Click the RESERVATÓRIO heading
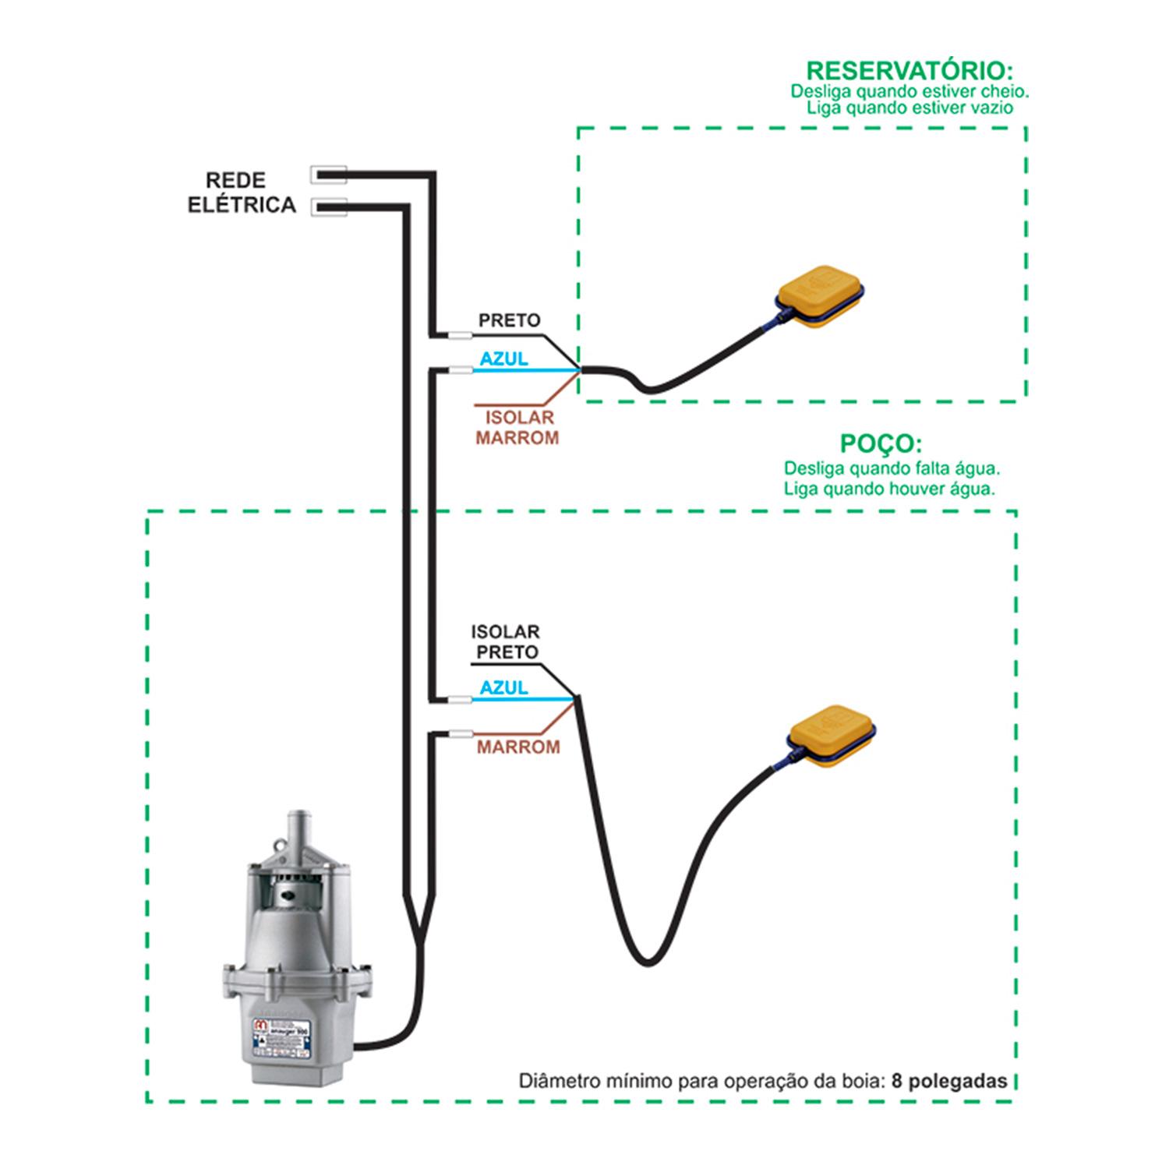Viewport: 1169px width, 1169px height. click(909, 70)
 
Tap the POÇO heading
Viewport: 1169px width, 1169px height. click(881, 443)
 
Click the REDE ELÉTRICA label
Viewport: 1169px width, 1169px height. click(242, 192)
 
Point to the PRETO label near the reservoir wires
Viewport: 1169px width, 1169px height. click(509, 320)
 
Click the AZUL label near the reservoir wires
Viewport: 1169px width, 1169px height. click(503, 359)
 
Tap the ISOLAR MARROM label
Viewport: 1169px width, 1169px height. click(517, 428)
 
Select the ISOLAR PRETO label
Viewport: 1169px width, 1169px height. click(506, 642)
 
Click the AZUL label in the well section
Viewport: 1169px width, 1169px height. click(503, 688)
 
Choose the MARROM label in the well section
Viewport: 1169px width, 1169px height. click(518, 747)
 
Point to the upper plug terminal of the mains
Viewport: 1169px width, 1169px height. click(328, 175)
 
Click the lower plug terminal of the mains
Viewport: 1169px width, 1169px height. click(328, 207)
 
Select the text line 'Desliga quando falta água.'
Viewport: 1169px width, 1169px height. click(892, 469)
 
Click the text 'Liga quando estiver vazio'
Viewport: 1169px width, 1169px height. click(909, 108)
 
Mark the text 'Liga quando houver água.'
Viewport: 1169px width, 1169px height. click(889, 489)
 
